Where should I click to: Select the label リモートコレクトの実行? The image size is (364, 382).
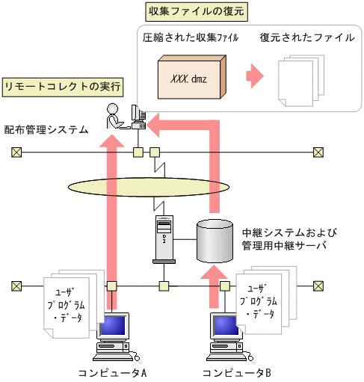(63, 86)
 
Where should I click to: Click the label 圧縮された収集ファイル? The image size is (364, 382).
(191, 37)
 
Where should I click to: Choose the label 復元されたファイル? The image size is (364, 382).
(307, 37)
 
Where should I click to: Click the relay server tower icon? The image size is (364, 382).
(164, 238)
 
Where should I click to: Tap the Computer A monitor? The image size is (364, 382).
(112, 328)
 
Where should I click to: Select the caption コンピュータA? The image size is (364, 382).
(111, 372)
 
